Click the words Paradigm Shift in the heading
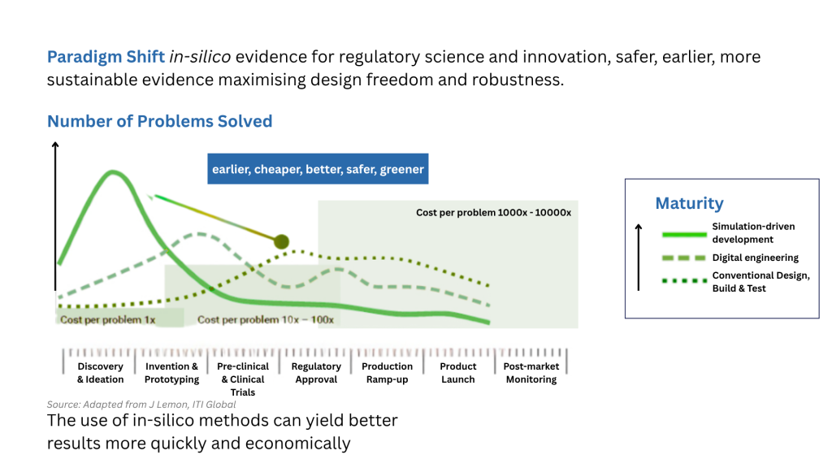(106, 58)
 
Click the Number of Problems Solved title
(159, 121)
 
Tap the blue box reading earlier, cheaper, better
(318, 169)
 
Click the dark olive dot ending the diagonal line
(282, 241)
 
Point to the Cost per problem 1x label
(107, 320)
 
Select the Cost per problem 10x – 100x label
(266, 320)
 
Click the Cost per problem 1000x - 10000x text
(493, 213)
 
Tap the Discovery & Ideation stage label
(101, 373)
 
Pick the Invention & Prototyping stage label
(171, 373)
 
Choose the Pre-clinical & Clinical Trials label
(242, 379)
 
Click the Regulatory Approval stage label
(316, 373)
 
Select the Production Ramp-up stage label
(387, 373)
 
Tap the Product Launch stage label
(458, 373)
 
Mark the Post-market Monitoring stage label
(531, 373)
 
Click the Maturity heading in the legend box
(689, 203)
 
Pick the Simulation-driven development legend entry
(753, 232)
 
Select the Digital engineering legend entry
(755, 258)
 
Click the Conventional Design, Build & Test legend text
(760, 282)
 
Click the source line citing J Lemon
(141, 405)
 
